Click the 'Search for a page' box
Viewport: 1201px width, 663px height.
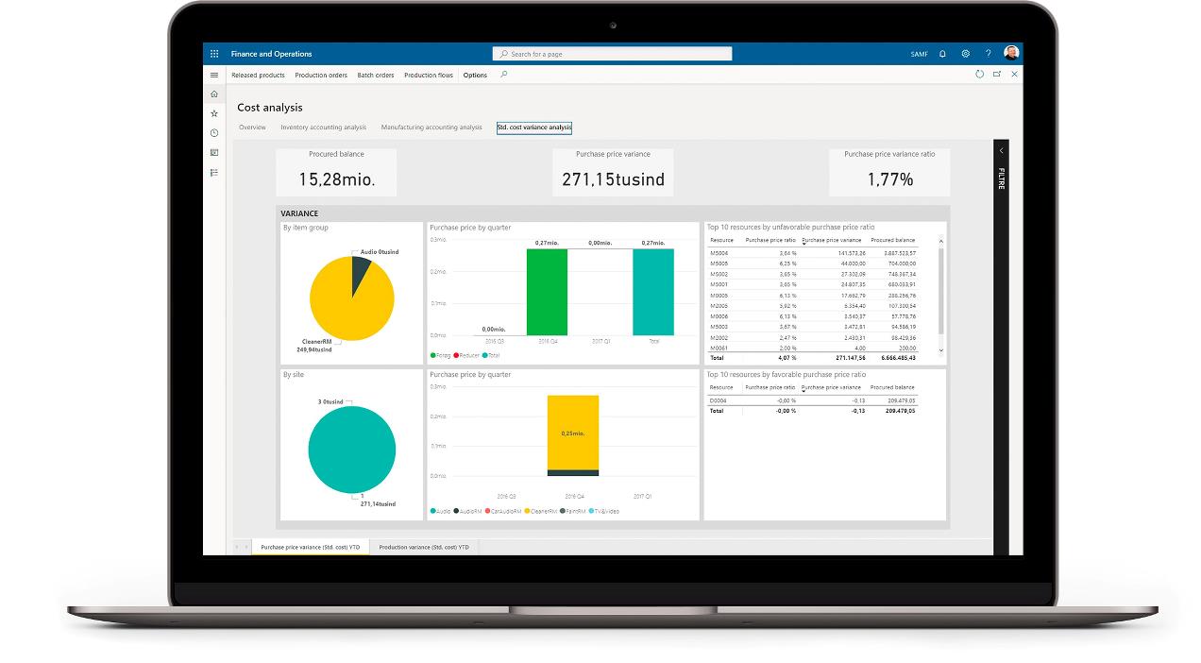pyautogui.click(x=612, y=54)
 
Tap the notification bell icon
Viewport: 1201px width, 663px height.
pyautogui.click(x=942, y=54)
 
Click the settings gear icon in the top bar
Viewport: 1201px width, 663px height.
pyautogui.click(x=965, y=54)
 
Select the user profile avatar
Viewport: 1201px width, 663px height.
pyautogui.click(x=1011, y=53)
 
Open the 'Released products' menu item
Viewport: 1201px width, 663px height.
pyautogui.click(x=258, y=76)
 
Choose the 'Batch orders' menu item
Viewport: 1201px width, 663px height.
pyautogui.click(x=376, y=76)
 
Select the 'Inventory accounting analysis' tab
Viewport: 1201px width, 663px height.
pyautogui.click(x=323, y=127)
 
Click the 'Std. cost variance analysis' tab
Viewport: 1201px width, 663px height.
pyautogui.click(x=534, y=127)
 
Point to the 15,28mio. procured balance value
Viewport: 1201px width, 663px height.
pyautogui.click(x=336, y=179)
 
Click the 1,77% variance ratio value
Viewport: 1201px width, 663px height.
pyautogui.click(x=889, y=179)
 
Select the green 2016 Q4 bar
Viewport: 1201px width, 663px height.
pyautogui.click(x=548, y=293)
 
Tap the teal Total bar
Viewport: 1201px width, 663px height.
pyautogui.click(x=653, y=293)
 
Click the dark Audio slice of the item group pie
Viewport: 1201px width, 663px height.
pyautogui.click(x=360, y=274)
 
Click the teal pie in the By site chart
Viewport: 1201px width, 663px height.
pyautogui.click(x=351, y=450)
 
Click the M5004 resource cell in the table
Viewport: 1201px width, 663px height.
pyautogui.click(x=719, y=253)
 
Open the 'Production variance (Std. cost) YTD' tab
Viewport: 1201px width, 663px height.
pyautogui.click(x=424, y=547)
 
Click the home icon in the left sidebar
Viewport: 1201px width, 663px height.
pyautogui.click(x=214, y=94)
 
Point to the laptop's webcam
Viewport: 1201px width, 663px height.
pyautogui.click(x=613, y=25)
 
